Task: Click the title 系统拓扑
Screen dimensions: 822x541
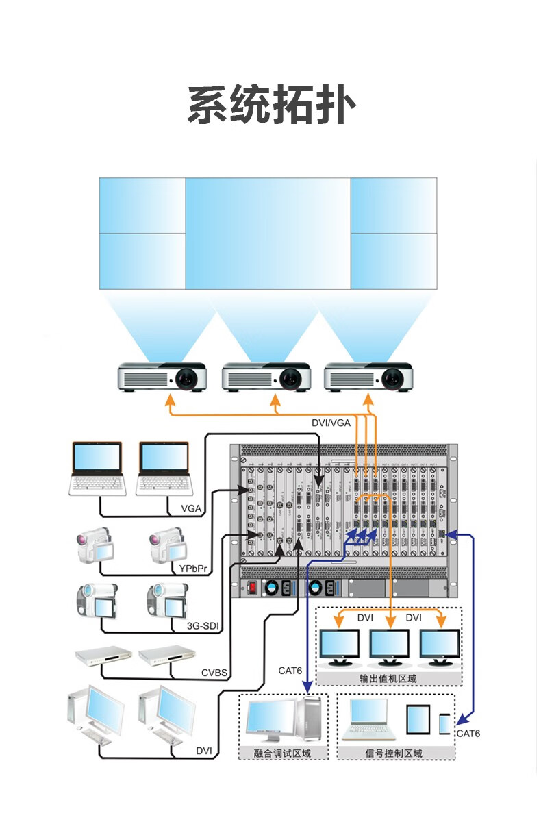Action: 271,106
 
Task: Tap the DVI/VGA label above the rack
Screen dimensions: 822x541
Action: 331,423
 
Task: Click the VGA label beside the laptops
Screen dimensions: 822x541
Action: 191,508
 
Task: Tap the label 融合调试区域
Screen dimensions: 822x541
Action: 282,754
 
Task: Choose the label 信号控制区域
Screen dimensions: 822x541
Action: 394,754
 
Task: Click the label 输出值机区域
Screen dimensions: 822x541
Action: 388,679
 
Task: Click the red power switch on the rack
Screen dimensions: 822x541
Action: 252,587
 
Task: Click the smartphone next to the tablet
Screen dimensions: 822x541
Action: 446,724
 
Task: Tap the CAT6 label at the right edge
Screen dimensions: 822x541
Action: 468,734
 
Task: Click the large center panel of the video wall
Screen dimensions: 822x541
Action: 268,233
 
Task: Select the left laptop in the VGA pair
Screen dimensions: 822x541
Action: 97,469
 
